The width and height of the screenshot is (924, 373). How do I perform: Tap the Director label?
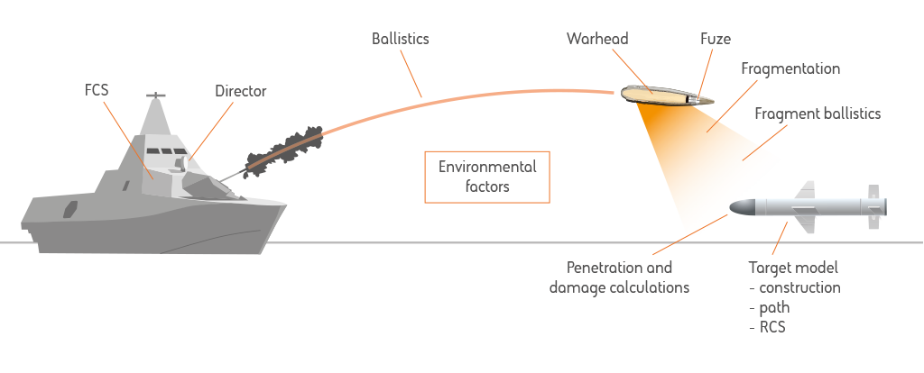[x=240, y=91]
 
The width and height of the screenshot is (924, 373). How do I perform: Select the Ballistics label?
[x=400, y=40]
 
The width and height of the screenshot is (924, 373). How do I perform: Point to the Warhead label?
[x=597, y=40]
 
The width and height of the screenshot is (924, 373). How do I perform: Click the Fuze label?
[x=715, y=40]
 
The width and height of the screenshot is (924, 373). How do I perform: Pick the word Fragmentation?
[x=790, y=68]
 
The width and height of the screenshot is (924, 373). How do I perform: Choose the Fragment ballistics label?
[x=818, y=114]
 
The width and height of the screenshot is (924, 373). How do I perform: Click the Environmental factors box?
[x=486, y=177]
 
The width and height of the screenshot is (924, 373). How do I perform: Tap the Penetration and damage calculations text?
[x=619, y=277]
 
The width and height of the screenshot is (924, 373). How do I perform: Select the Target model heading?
[x=793, y=268]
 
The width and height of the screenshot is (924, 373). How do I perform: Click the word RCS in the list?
[x=772, y=327]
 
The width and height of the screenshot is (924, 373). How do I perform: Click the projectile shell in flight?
[x=666, y=93]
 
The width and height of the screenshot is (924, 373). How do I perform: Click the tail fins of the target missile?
[x=874, y=206]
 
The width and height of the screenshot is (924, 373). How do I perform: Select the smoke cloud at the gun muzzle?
[x=283, y=147]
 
